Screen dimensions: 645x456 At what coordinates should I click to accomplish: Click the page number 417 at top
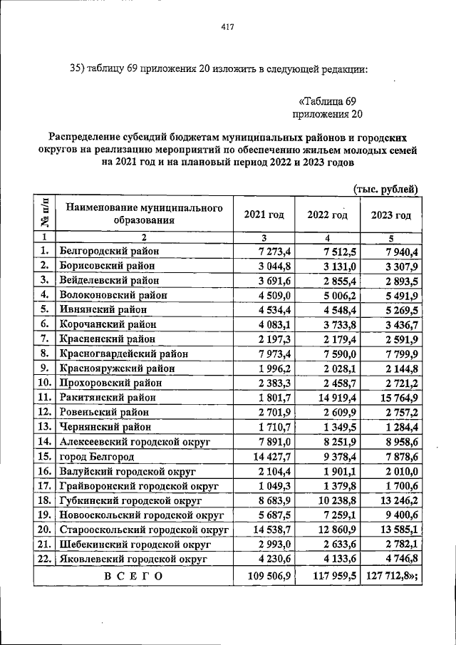(x=228, y=29)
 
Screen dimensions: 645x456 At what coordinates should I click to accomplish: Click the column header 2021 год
(x=264, y=215)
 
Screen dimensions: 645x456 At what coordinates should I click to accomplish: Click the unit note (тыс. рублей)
(x=385, y=188)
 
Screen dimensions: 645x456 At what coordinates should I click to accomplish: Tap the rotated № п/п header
(x=44, y=214)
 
